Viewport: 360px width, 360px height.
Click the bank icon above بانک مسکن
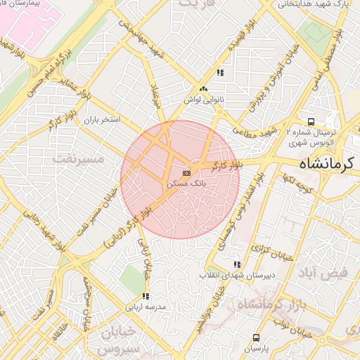(x=186, y=173)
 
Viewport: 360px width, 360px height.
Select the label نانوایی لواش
(x=203, y=100)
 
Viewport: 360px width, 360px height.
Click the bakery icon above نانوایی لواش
(x=204, y=89)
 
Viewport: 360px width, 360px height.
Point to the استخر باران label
(x=102, y=120)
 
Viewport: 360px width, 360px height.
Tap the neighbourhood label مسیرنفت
(x=78, y=160)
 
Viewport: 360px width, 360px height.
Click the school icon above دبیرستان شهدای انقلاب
(x=237, y=264)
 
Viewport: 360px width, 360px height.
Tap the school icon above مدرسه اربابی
(x=146, y=297)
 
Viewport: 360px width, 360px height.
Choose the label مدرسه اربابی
(x=146, y=307)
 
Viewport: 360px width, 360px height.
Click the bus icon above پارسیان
(x=256, y=338)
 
